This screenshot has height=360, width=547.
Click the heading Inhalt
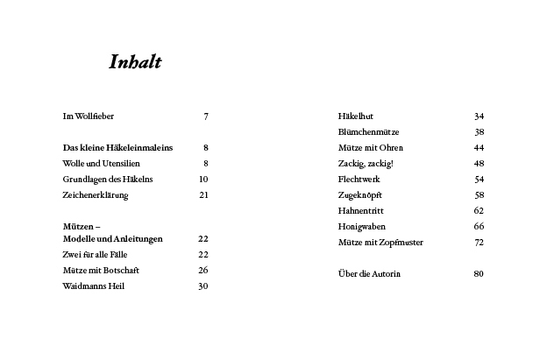pos(135,63)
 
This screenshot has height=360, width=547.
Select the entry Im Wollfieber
pos(89,116)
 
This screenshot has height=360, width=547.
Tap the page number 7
pos(205,116)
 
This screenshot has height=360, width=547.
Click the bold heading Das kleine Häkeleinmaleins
pos(117,148)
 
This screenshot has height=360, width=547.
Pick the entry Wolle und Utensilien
pos(100,164)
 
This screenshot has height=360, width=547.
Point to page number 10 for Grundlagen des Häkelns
pos(203,180)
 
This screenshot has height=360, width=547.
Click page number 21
pos(203,195)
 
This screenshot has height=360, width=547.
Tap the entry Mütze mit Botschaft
pos(101,271)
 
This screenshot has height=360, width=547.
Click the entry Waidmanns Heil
pos(94,286)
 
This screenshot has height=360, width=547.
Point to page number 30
pos(203,286)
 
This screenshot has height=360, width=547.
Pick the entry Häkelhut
pos(356,116)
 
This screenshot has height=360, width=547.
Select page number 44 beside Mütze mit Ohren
pos(479,148)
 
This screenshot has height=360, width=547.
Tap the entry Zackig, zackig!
pos(366,164)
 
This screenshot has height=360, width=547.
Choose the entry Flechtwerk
pos(359,180)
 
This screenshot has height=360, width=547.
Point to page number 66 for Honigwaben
pos(479,227)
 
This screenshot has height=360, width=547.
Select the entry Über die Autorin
pos(369,274)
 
